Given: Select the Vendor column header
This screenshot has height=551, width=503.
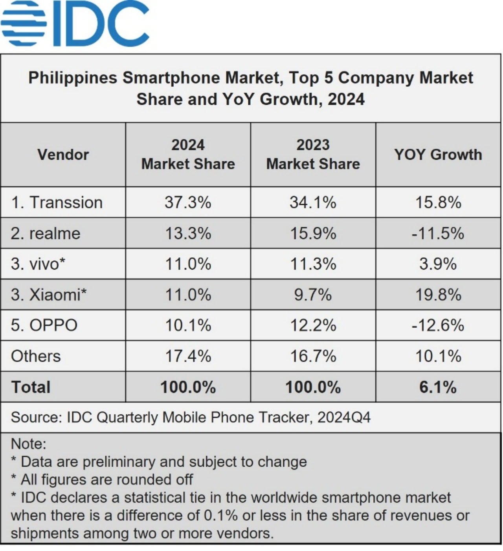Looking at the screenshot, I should pos(63,155).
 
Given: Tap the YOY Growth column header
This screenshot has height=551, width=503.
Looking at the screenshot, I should pos(438,155).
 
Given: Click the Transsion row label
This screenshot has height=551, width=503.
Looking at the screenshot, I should pos(57,203).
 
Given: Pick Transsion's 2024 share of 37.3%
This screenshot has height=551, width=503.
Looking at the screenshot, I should pos(188,203).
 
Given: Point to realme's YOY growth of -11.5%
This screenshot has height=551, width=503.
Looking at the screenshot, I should pos(438,234).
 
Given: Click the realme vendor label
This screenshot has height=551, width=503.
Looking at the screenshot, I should pos(46,234).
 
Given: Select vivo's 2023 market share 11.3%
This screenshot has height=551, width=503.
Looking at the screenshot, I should pos(313,264).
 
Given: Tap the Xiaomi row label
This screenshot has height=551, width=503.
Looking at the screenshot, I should pos(49,295).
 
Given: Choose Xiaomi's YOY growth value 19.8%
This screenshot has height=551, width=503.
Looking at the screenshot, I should pos(438,295).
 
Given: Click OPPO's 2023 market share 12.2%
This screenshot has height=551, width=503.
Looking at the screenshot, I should pos(313,325).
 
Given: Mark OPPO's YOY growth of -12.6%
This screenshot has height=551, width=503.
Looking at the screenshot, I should pos(438,325).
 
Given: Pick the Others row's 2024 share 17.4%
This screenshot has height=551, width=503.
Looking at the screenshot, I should pos(188,356).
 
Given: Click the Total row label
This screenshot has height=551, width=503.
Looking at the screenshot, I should pos(31,387).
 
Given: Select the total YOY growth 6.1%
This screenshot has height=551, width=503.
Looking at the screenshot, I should pos(438,387).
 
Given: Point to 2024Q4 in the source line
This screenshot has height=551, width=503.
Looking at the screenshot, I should pos(344,417).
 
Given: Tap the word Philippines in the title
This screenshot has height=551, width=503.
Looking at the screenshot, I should pos(73,78).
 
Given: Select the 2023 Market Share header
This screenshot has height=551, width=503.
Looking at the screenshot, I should pos(313,155).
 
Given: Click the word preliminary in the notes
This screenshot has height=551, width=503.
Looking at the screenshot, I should pos(118,462).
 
